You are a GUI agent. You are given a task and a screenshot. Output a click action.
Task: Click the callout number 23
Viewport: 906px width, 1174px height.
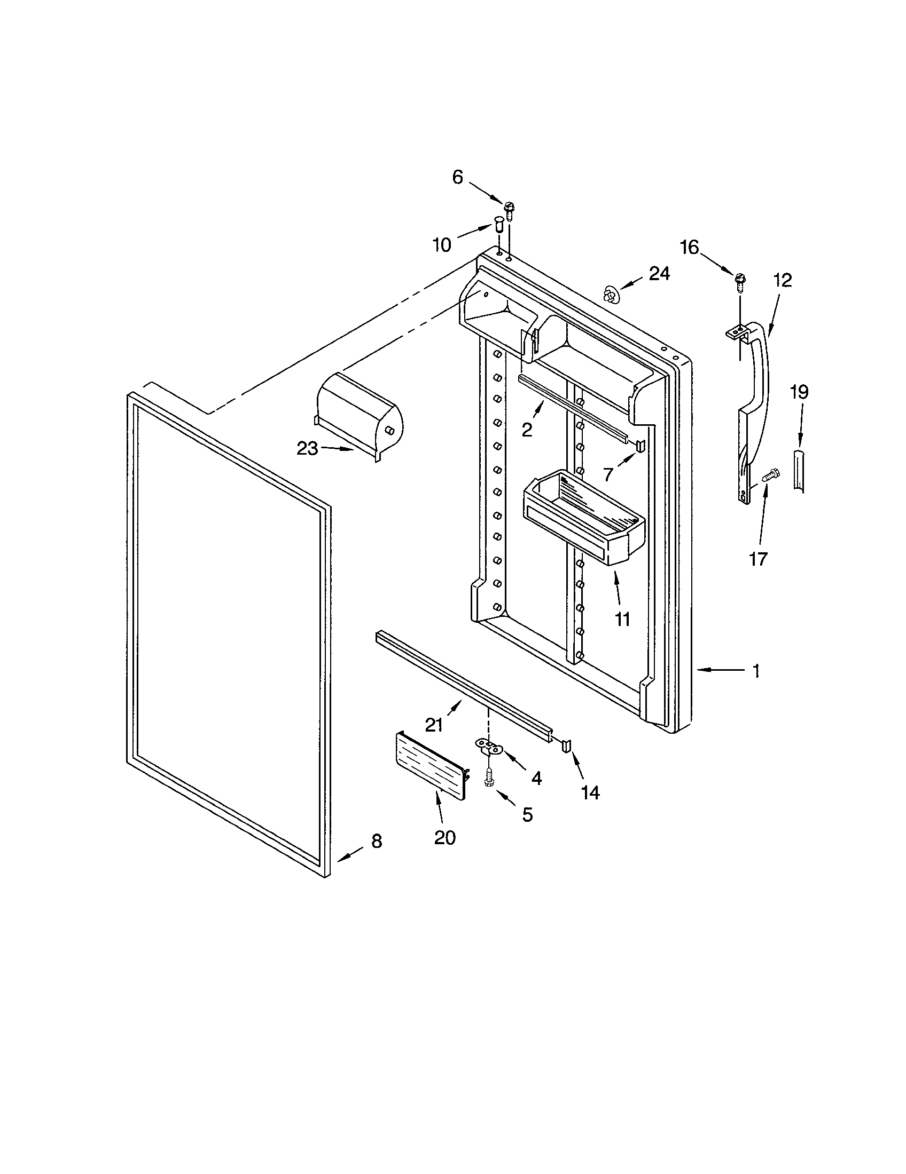tap(308, 448)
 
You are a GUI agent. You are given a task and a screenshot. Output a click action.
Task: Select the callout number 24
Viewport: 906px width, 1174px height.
tap(659, 274)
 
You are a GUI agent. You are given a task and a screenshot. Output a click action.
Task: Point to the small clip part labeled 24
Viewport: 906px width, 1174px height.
tap(610, 295)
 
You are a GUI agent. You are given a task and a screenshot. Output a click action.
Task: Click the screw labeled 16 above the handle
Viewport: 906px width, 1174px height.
tap(741, 282)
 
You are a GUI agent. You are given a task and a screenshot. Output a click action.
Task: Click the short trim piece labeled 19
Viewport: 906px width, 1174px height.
tap(799, 470)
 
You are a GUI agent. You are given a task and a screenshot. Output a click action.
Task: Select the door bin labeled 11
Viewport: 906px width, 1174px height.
tap(584, 518)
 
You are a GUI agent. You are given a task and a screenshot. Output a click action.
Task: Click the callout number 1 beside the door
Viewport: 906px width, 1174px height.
tap(756, 670)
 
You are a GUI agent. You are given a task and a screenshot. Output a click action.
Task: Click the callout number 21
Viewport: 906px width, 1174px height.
tap(434, 725)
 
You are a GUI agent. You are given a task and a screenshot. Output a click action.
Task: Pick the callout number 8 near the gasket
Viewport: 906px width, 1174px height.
tap(377, 841)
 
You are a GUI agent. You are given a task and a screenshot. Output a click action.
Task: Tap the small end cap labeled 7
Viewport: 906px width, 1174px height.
tap(640, 445)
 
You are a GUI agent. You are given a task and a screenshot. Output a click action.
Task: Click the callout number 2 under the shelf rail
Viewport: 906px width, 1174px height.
tap(527, 430)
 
